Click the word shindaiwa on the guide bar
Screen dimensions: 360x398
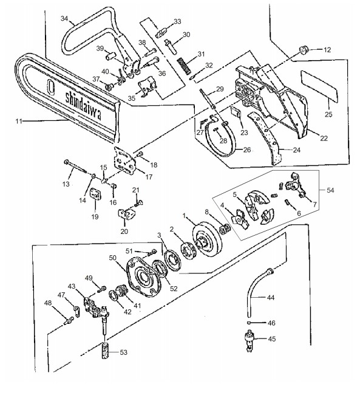click(x=83, y=106)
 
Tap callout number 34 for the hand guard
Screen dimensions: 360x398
click(x=64, y=18)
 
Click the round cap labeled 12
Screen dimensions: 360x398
click(x=303, y=49)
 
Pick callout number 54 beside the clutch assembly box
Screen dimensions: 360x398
click(x=330, y=190)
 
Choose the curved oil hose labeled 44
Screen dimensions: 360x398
click(x=257, y=292)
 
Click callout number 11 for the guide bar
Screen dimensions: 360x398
click(x=19, y=121)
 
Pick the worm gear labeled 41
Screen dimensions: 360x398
click(x=122, y=291)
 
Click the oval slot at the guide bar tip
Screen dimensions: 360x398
click(x=51, y=87)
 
